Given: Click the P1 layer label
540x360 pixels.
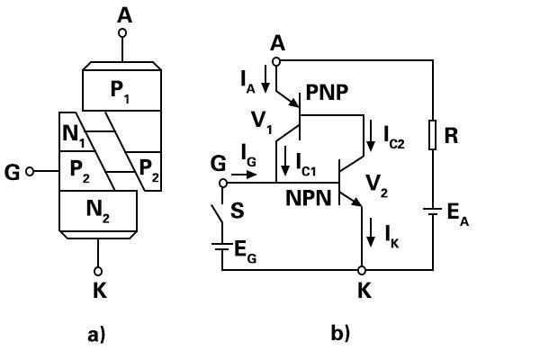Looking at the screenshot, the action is point(120,91).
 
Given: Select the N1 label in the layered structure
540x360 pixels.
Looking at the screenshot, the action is point(74,136).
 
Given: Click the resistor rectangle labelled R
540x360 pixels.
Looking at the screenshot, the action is point(433,135).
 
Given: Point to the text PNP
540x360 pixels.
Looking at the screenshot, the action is point(327,92).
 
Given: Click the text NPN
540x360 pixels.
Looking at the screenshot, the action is point(308,198).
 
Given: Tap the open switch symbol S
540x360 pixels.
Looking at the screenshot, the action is point(217,213).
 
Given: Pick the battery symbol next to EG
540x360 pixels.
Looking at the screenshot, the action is point(222,247).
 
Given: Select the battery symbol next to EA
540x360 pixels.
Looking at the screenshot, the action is point(433,211).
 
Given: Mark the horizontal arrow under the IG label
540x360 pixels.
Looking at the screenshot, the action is point(244,175).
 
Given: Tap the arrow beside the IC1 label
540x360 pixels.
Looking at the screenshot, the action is point(285,160).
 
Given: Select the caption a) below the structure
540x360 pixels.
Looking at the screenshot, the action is point(96,335).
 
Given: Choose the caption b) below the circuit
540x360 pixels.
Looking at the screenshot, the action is point(340,333).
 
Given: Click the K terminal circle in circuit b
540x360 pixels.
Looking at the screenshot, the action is point(362,270).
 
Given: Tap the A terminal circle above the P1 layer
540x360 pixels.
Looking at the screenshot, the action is point(121,33).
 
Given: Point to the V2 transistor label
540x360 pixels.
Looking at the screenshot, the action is point(377,185).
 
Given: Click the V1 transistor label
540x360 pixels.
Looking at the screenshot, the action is point(262,122).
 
